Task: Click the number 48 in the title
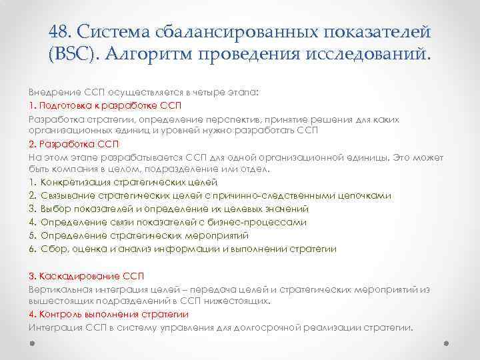point(61,31)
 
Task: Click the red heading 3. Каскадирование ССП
point(86,275)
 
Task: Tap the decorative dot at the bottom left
point(32,345)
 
